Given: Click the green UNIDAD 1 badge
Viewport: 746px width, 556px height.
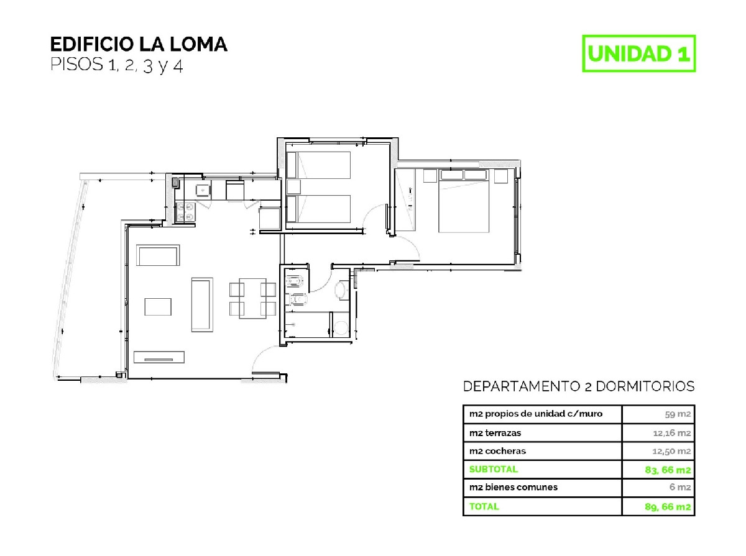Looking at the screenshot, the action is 638,53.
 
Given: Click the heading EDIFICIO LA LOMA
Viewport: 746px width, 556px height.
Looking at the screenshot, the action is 139,45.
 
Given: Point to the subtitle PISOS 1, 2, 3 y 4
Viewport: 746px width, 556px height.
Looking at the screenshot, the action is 117,65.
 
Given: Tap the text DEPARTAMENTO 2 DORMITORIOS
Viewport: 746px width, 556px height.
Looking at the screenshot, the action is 579,386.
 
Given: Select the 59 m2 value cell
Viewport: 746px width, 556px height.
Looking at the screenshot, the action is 678,414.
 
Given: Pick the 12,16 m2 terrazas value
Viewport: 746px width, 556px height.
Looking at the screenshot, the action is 671,434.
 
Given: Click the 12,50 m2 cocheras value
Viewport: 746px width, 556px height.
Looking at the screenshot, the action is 671,452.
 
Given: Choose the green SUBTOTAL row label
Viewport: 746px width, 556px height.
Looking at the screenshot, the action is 494,470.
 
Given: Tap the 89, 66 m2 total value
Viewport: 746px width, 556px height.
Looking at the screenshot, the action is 668,507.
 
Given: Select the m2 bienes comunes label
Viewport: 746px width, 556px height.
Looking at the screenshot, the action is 513,488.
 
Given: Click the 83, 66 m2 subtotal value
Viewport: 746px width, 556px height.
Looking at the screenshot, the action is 668,470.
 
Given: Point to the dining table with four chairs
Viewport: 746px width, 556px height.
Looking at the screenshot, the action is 252,299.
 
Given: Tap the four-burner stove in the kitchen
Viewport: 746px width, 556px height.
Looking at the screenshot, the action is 185,212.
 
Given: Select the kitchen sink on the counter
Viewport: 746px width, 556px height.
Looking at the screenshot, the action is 203,191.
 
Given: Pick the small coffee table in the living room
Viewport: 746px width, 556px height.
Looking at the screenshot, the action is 158,307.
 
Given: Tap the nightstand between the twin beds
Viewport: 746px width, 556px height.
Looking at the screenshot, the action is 293,187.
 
